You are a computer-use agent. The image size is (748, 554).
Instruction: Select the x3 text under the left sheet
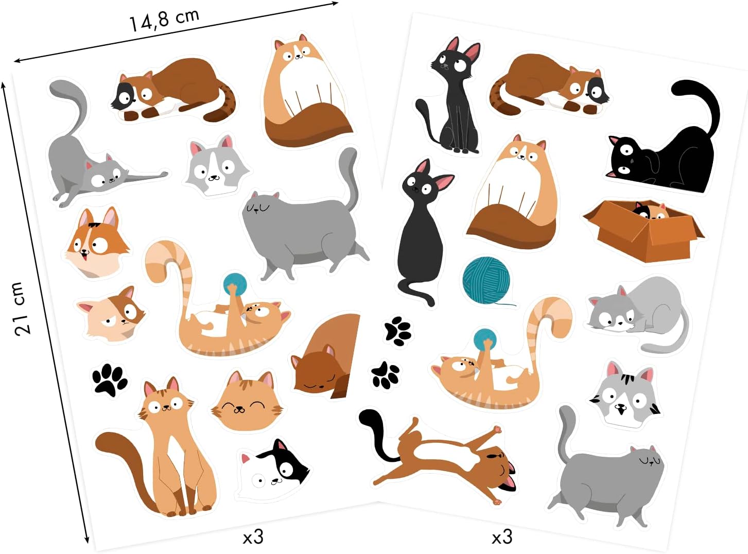[253, 537]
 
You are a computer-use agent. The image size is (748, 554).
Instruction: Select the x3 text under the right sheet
[502, 537]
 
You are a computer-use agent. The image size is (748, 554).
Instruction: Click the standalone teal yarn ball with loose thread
[486, 280]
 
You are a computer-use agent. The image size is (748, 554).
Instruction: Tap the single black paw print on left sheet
[110, 380]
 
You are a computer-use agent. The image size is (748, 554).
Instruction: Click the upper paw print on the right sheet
[398, 330]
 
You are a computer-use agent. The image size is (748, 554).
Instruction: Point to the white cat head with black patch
[273, 470]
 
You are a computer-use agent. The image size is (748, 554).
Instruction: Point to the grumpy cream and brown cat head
[112, 316]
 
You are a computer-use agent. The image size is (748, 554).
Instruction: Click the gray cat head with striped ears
[625, 394]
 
